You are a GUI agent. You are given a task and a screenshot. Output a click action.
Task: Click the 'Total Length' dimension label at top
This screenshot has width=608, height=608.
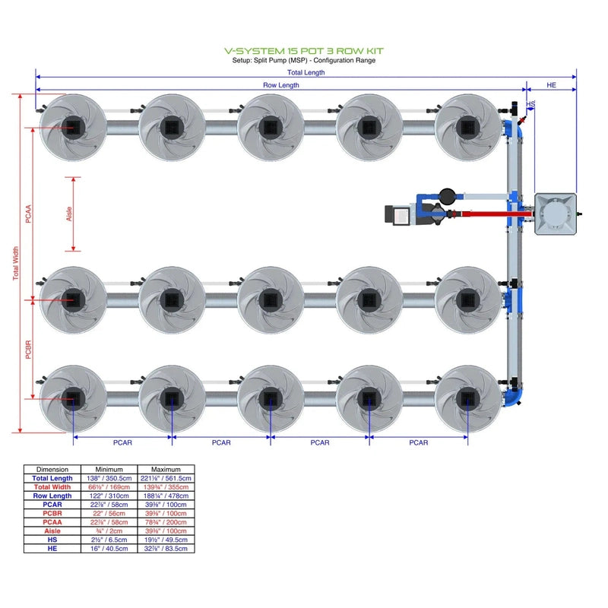306,73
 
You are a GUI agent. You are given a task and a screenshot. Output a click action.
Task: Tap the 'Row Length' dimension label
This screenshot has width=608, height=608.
281,86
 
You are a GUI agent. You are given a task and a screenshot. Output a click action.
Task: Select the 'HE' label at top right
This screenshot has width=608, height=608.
552,86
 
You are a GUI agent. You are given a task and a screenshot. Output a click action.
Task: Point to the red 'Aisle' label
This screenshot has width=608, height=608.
70,214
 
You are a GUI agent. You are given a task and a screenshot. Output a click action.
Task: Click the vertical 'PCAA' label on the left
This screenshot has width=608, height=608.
29,214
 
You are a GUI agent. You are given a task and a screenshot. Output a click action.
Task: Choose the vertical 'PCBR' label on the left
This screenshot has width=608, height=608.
29,349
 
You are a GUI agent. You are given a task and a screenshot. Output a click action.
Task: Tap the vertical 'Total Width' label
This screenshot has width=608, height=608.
16,263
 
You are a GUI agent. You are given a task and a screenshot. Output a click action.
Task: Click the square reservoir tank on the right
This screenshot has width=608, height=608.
556,214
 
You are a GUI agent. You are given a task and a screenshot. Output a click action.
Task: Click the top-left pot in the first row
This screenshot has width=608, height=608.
73,127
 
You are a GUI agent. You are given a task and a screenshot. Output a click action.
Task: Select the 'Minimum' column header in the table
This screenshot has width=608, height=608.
109,470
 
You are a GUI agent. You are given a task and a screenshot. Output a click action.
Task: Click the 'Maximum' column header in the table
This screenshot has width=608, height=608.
166,470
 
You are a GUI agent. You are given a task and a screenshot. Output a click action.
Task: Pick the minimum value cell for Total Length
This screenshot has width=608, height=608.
109,478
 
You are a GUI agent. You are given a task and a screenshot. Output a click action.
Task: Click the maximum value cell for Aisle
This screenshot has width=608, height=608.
166,530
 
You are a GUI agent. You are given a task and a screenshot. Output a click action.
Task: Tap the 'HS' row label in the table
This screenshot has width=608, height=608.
52,540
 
